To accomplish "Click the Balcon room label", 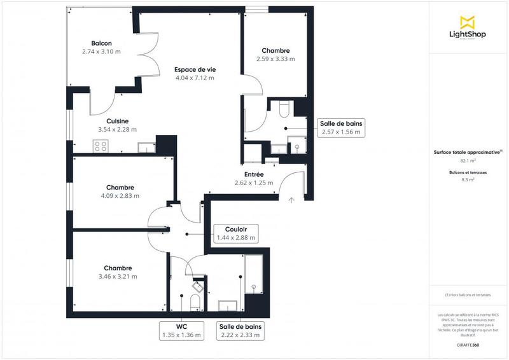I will click(x=101, y=43).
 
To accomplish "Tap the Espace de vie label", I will click(x=195, y=70).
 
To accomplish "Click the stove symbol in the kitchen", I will click(x=101, y=146).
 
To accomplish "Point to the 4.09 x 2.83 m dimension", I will click(x=120, y=196).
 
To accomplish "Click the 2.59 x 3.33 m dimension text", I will click(x=275, y=59).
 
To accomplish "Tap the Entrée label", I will click(x=254, y=174).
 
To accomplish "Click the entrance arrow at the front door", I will click(x=291, y=200).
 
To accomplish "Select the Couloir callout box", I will click(x=236, y=233).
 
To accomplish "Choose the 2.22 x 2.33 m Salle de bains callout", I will click(x=241, y=331).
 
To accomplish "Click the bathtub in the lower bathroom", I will click(x=255, y=273).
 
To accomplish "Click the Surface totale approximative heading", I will click(x=467, y=153).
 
